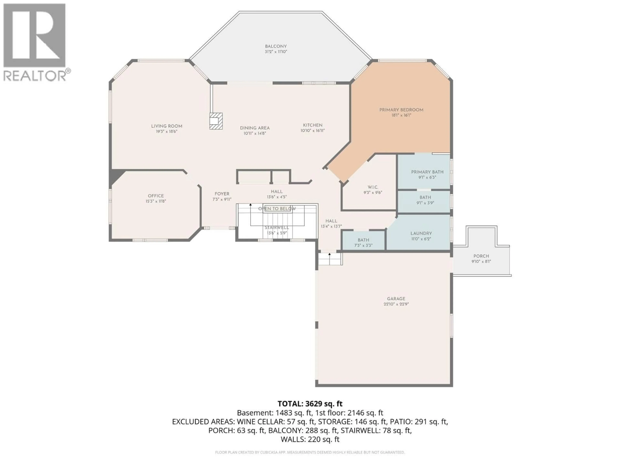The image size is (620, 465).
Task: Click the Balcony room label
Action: [x=276, y=46]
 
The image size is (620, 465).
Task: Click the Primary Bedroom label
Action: [x=401, y=110]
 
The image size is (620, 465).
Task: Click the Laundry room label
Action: [x=421, y=233]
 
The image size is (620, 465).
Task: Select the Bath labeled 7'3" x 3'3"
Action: [x=363, y=243]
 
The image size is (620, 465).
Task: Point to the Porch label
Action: [x=481, y=256]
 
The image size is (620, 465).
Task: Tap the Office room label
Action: [x=156, y=196]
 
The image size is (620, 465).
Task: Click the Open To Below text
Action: [x=277, y=209]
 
